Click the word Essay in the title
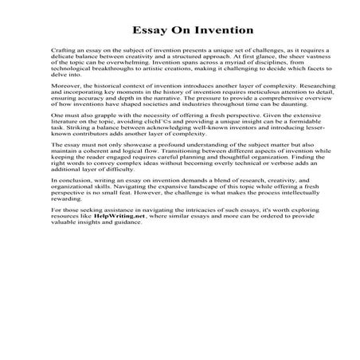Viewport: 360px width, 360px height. pos(148,31)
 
